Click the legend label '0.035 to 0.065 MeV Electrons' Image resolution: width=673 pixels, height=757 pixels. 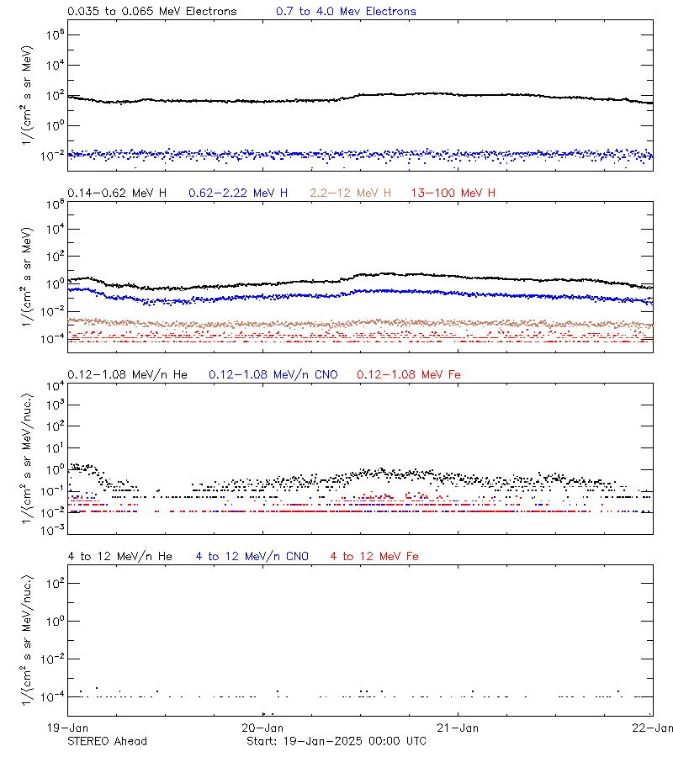(x=151, y=12)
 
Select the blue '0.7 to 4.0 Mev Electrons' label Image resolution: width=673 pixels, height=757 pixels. (x=346, y=12)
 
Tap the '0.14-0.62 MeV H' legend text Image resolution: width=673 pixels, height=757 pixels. (x=117, y=193)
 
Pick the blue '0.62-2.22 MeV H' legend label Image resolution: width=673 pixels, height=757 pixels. (x=238, y=193)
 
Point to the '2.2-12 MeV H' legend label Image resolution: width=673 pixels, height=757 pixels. (x=351, y=193)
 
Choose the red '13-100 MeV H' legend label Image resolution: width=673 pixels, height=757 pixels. (x=453, y=193)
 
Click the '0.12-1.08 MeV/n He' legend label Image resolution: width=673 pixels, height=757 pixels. (x=130, y=374)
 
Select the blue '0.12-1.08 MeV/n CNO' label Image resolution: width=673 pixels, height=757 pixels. (x=273, y=374)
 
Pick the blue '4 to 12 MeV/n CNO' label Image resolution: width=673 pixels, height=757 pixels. (x=252, y=556)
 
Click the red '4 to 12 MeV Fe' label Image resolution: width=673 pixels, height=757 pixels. (x=374, y=556)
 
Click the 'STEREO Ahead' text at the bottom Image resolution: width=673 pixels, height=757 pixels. (x=107, y=741)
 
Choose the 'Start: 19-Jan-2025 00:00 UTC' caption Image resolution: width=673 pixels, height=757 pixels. (x=336, y=741)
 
